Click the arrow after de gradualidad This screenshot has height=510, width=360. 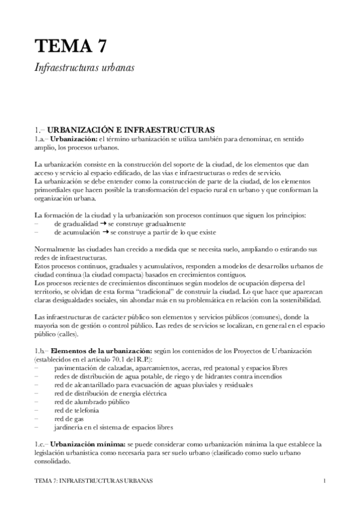point(103,223)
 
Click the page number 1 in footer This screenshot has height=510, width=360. point(324,482)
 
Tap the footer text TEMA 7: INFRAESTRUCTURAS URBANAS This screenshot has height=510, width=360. point(93,482)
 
